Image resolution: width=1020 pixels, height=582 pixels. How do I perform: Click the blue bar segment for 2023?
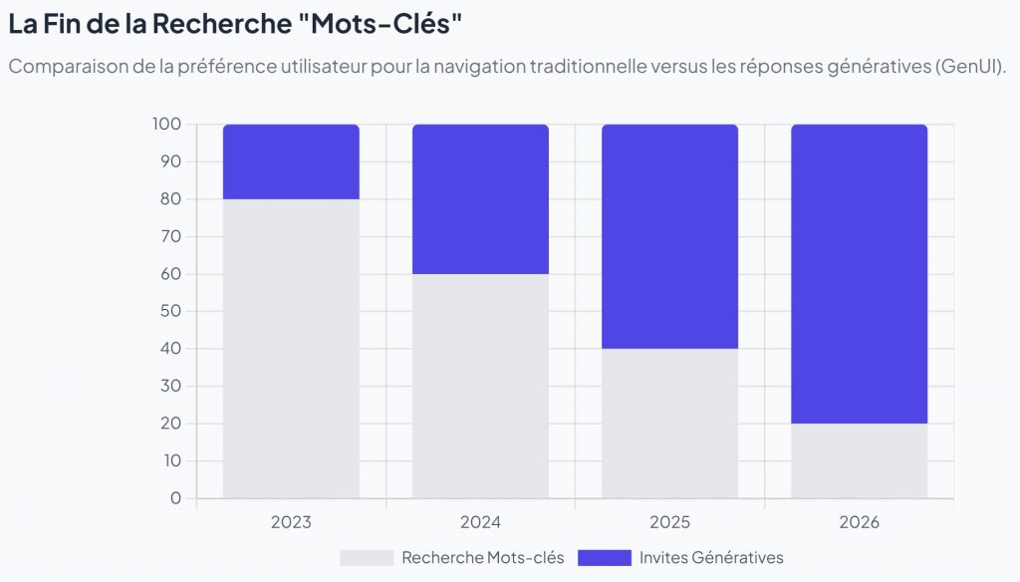pyautogui.click(x=291, y=161)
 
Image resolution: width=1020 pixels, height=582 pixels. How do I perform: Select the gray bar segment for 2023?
pyautogui.click(x=291, y=349)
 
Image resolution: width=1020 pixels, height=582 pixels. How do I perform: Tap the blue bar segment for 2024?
pyautogui.click(x=480, y=199)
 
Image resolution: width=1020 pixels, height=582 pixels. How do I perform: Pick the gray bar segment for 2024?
pyautogui.click(x=480, y=386)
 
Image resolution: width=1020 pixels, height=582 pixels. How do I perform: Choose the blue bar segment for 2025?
pyautogui.click(x=669, y=236)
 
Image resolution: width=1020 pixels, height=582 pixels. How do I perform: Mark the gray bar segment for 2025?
pyautogui.click(x=669, y=424)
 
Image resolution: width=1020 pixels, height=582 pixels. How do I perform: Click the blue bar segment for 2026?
pyautogui.click(x=859, y=274)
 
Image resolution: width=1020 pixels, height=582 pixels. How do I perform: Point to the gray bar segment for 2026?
pyautogui.click(x=859, y=460)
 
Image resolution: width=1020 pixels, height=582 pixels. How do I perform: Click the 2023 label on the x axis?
pyautogui.click(x=291, y=522)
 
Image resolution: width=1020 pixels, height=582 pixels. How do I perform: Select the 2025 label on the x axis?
pyautogui.click(x=669, y=522)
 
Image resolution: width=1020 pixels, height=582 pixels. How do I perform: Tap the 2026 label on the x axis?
pyautogui.click(x=859, y=522)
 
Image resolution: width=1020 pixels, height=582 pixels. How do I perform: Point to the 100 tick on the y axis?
pyautogui.click(x=166, y=125)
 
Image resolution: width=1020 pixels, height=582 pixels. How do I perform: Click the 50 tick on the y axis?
pyautogui.click(x=170, y=311)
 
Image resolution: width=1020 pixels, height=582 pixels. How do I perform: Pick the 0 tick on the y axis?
pyautogui.click(x=175, y=498)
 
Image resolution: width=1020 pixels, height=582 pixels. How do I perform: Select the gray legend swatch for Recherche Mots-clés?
pyautogui.click(x=366, y=558)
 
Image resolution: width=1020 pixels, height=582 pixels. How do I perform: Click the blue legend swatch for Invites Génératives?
pyautogui.click(x=604, y=558)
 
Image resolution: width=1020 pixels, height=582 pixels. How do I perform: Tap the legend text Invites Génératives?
pyautogui.click(x=711, y=558)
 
